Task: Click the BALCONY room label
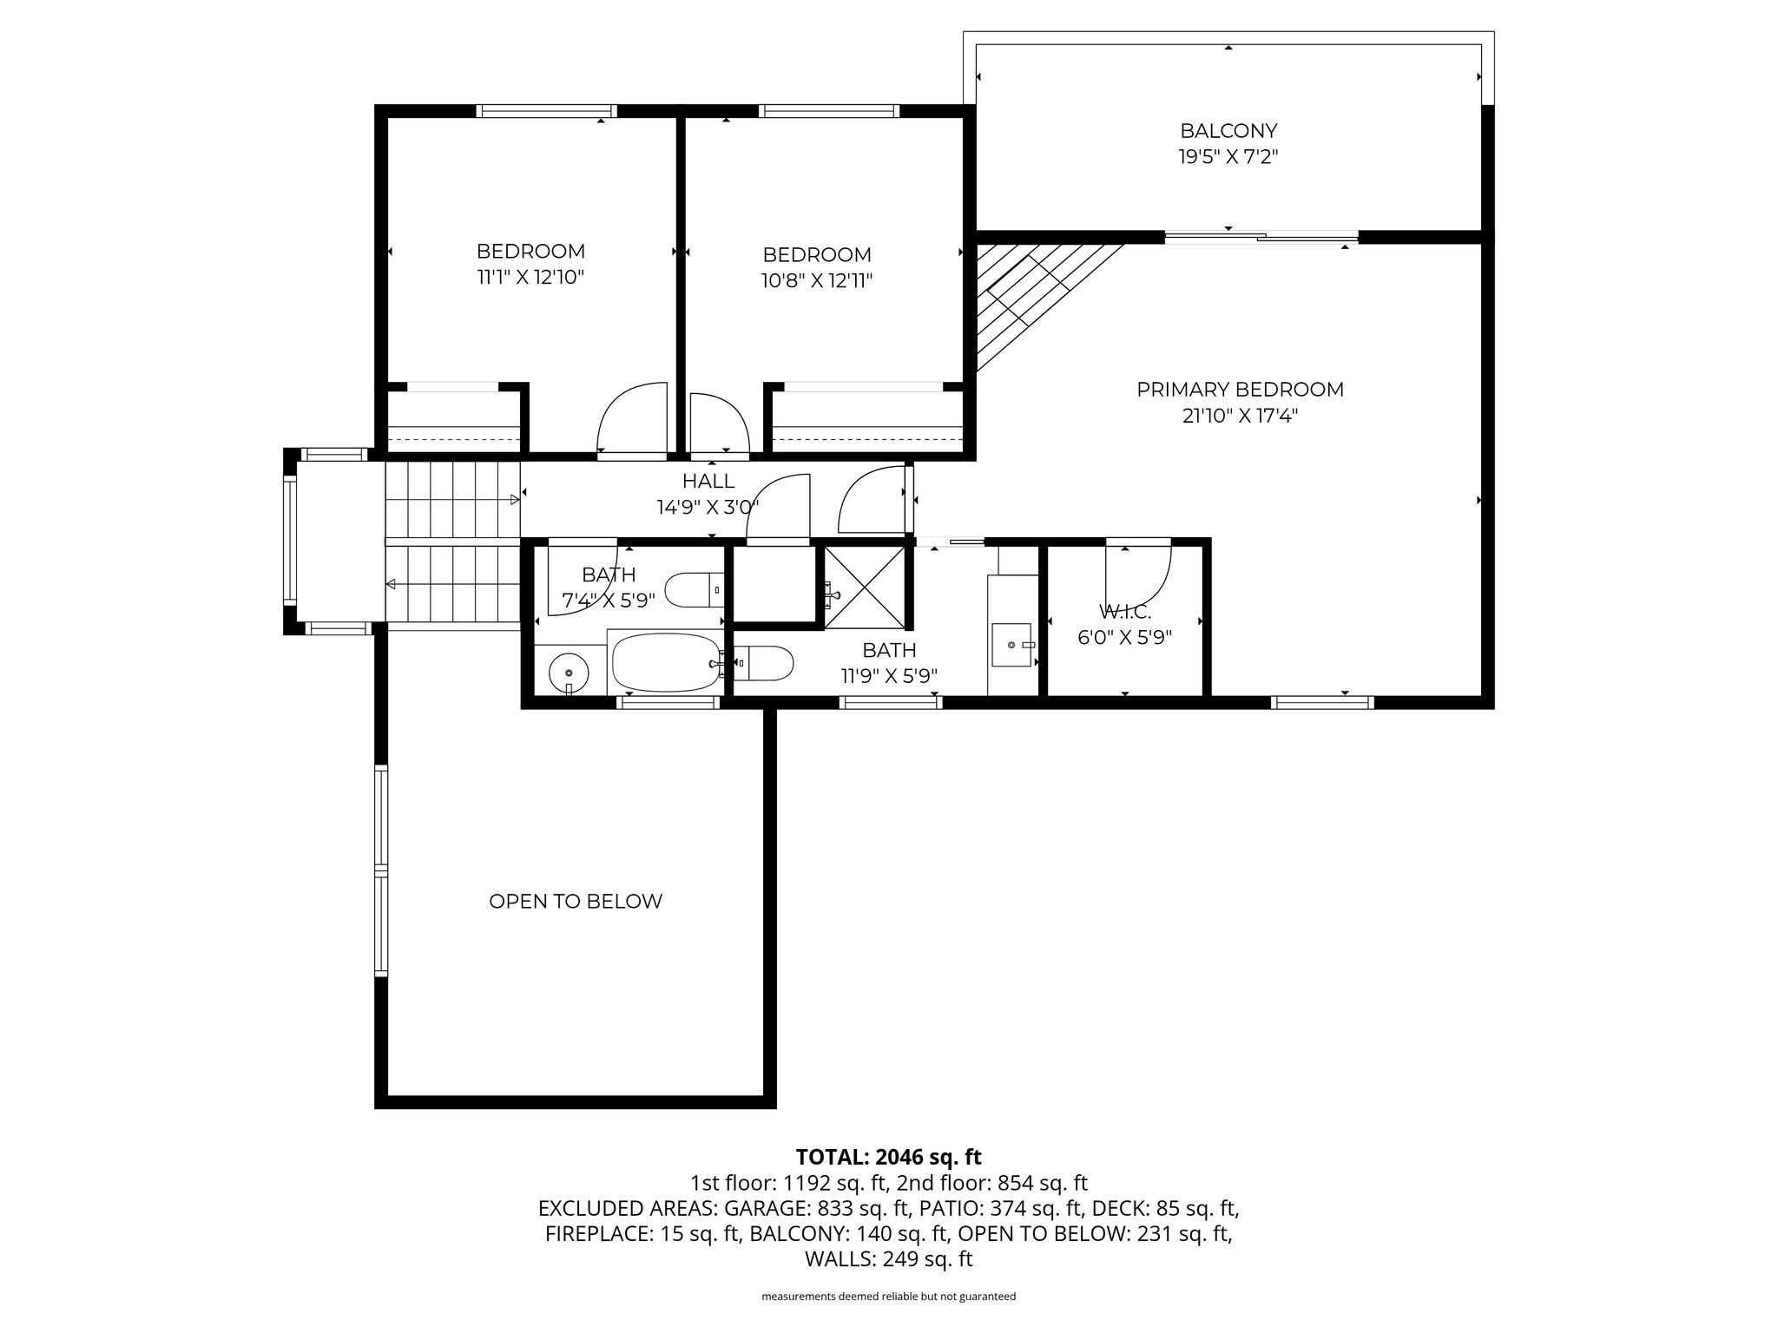point(1228,131)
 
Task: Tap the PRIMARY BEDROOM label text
point(1240,390)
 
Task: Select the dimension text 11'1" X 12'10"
point(530,278)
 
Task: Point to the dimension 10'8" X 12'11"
point(817,281)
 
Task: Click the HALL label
point(708,481)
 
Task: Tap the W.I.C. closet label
point(1125,613)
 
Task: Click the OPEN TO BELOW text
point(576,902)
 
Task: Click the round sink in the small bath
point(569,673)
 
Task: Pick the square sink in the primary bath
point(1013,645)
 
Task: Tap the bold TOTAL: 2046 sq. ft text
point(888,1157)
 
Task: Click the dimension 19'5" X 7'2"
point(1228,157)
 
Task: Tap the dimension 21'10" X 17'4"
point(1240,416)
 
